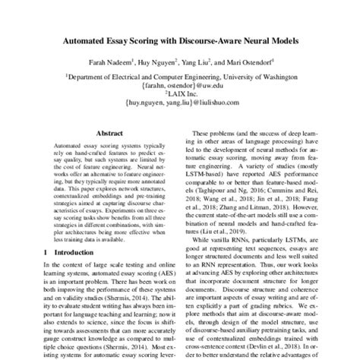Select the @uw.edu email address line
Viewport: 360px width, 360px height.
click(180, 85)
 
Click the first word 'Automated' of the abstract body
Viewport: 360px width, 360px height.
click(69, 143)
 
